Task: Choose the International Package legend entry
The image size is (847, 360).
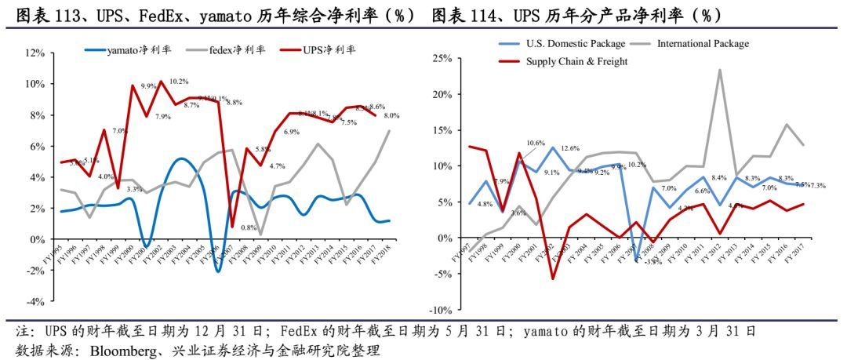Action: pos(703,43)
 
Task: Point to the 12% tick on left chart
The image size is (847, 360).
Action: pos(35,53)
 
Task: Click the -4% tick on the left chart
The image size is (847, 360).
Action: pos(35,301)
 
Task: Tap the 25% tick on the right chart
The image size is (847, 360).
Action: pos(442,59)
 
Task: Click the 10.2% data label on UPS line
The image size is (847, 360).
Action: pos(178,82)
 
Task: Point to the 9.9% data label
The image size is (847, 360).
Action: pos(148,86)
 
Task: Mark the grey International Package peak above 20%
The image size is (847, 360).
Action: pos(719,70)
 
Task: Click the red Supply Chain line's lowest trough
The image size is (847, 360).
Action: pos(552,278)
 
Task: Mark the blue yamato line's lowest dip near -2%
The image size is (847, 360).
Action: pos(218,271)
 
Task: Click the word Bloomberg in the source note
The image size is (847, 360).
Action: pos(120,350)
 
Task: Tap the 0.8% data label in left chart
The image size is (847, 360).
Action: pos(249,228)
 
